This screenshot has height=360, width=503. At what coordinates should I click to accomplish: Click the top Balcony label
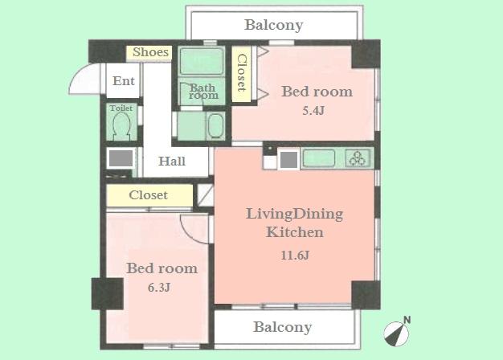[x=273, y=25]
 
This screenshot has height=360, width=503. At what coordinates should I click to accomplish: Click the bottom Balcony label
[x=282, y=327]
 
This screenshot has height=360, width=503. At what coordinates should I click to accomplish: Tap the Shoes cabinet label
[x=150, y=52]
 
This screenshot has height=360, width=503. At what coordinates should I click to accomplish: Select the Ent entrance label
[x=123, y=80]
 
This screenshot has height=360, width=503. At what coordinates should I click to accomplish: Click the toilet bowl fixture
[x=122, y=126]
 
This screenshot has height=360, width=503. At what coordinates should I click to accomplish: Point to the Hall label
[x=171, y=161]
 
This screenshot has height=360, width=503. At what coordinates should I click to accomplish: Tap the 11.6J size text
[x=294, y=256]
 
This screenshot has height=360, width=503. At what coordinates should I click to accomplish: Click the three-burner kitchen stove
[x=357, y=158]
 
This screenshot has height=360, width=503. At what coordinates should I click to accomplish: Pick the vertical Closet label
[x=240, y=74]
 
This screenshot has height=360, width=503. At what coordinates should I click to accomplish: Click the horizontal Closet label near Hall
[x=149, y=195]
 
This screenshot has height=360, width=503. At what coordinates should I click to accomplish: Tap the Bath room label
[x=203, y=91]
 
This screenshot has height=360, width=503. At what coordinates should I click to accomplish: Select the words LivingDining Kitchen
[x=294, y=223]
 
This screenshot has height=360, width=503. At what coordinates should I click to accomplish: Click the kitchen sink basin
[x=318, y=158]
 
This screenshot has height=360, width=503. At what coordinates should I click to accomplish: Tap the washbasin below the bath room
[x=215, y=127]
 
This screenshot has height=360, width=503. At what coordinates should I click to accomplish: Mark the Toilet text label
[x=121, y=107]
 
